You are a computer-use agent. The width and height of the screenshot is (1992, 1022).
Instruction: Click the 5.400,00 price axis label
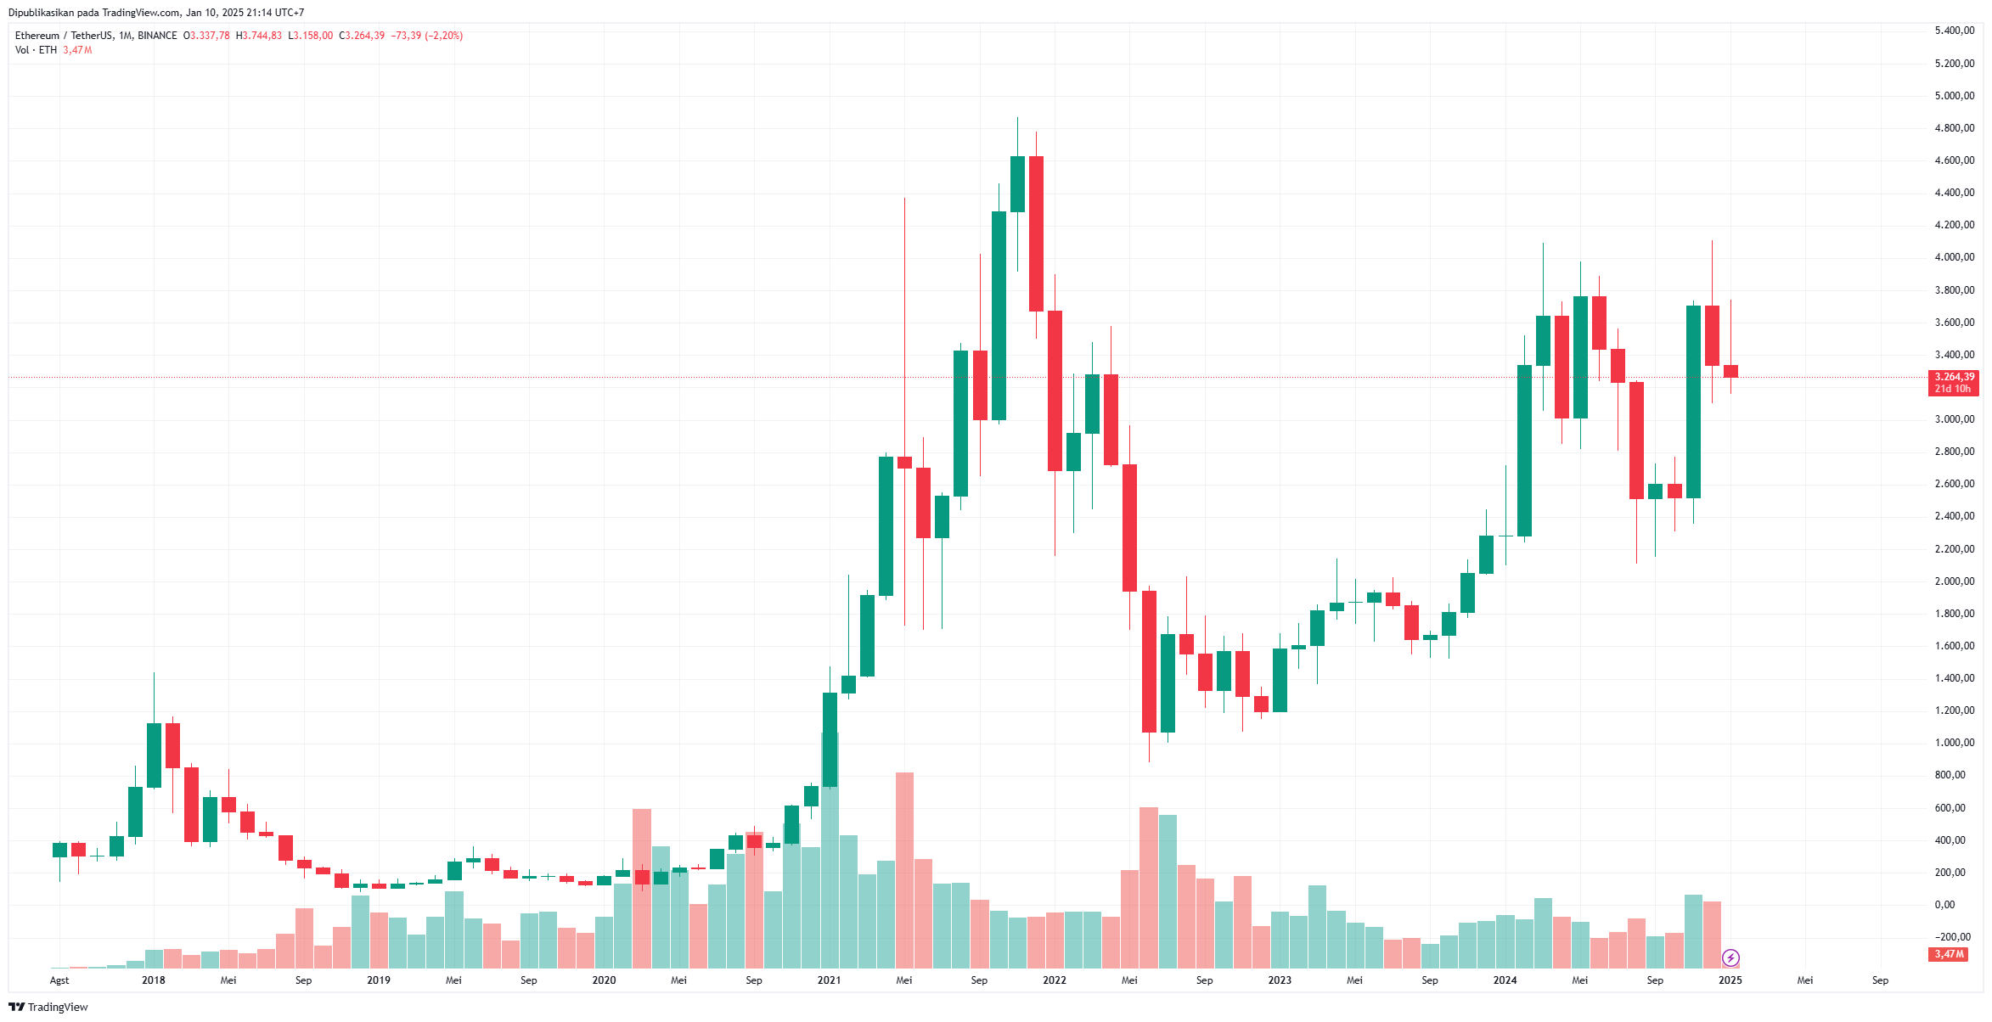tap(1954, 31)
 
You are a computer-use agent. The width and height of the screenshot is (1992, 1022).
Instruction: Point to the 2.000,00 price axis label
tap(1954, 581)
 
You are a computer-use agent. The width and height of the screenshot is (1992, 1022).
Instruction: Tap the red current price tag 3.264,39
tap(1954, 377)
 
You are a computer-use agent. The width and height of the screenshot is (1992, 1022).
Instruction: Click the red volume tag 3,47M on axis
tap(1949, 954)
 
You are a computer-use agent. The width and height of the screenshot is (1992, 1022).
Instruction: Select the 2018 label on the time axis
tap(154, 980)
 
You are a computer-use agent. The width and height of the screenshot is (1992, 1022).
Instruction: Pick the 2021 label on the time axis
tap(829, 980)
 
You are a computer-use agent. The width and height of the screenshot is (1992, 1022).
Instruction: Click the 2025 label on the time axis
tap(1730, 980)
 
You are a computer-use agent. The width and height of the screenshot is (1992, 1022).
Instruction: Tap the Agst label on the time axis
tap(59, 980)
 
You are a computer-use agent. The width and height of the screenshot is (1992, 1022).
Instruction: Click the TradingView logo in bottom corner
tap(48, 1008)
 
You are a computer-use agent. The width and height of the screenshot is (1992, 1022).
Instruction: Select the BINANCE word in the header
tap(157, 36)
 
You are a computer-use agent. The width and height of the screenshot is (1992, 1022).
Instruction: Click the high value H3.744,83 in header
tap(259, 36)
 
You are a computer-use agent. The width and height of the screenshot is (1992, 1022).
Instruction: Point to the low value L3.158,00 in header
tap(311, 36)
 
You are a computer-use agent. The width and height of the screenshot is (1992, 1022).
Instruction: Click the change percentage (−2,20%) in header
tap(444, 36)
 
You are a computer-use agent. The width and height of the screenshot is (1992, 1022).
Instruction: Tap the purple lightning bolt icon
tap(1730, 958)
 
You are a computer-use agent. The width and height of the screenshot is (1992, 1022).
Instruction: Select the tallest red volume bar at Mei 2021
tap(904, 870)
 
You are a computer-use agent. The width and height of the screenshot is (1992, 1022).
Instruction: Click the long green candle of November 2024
tap(1693, 401)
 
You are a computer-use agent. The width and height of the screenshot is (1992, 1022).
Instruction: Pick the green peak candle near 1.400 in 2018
tap(154, 755)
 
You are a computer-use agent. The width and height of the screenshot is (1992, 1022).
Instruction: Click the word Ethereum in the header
tap(37, 36)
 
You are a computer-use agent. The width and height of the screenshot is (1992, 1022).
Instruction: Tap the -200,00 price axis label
tap(1954, 937)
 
